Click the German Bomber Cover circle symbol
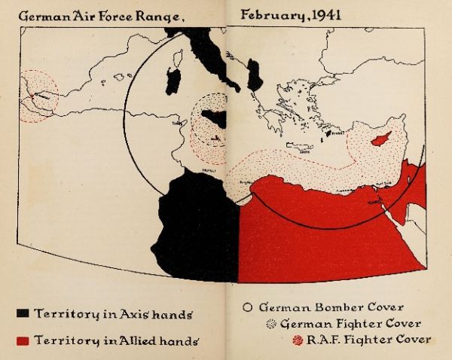coord(246,308)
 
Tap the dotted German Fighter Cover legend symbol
coord(271,324)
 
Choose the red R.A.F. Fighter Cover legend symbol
coord(296,340)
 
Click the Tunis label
coord(178,121)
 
